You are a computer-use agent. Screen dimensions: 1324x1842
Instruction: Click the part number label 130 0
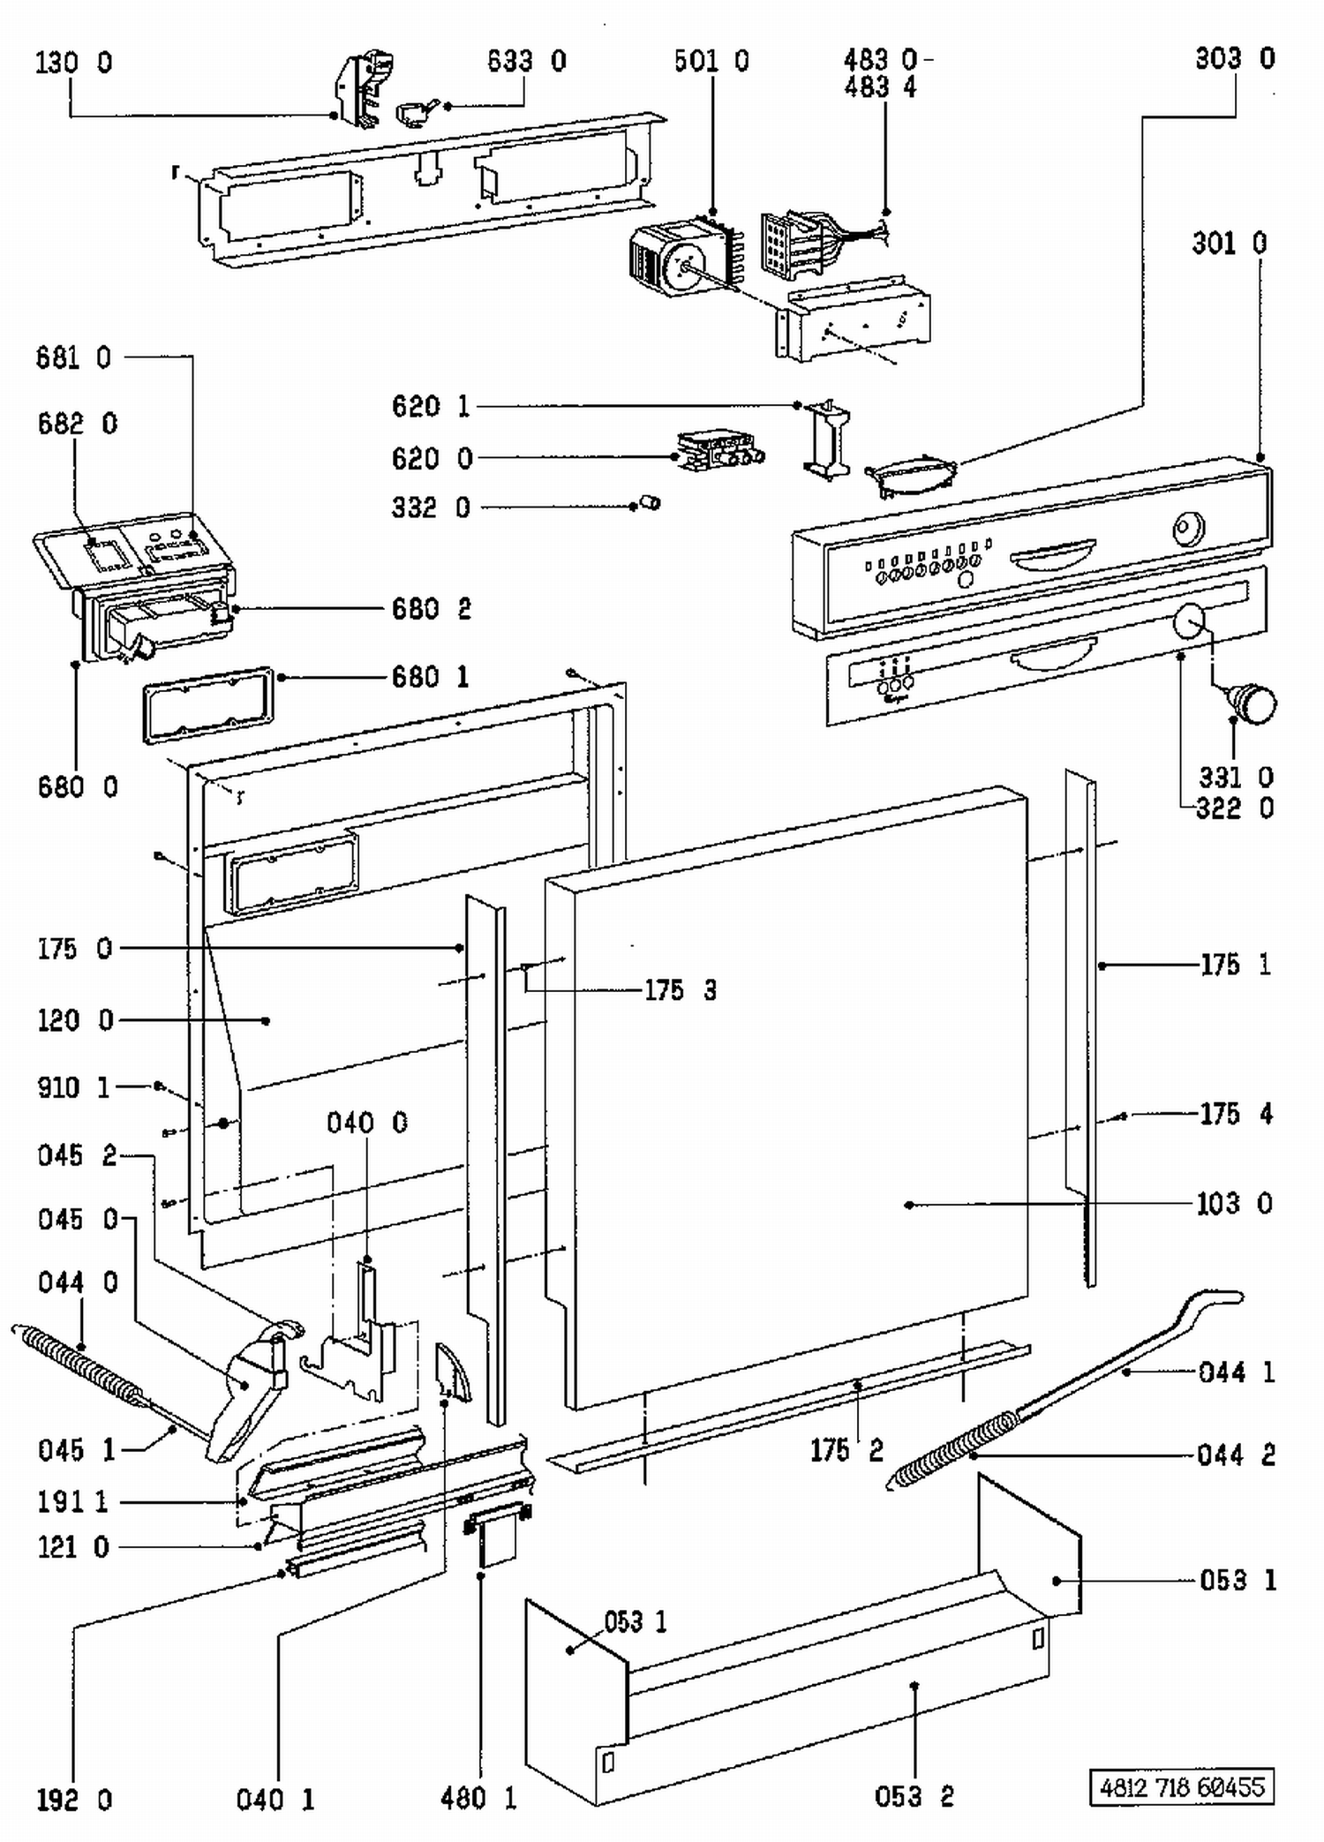tap(74, 64)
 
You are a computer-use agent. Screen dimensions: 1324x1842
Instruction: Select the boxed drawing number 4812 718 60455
tap(1182, 1787)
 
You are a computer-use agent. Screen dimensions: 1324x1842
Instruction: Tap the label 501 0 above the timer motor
tap(711, 61)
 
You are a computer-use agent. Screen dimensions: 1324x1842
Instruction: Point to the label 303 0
tap(1235, 58)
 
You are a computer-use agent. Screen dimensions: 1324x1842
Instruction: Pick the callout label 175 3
tap(681, 990)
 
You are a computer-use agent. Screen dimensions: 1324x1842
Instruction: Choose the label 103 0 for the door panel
tap(1234, 1203)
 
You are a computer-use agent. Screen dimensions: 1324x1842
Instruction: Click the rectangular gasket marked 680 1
tap(207, 705)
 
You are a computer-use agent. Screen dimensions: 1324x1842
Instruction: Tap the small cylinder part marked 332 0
tap(651, 503)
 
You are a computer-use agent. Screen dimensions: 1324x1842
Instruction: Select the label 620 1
tap(431, 406)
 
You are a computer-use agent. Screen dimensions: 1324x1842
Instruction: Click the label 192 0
tap(74, 1801)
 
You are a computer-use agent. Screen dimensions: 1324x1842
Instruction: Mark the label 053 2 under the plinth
tap(914, 1796)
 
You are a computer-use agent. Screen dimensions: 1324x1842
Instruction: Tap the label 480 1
tap(478, 1798)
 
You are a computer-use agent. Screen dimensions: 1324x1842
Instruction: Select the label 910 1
tap(74, 1086)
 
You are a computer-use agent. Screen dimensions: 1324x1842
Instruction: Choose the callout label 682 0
tap(77, 424)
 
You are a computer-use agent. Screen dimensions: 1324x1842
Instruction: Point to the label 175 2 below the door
tap(846, 1450)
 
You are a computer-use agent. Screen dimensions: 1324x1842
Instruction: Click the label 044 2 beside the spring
tap(1236, 1455)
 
